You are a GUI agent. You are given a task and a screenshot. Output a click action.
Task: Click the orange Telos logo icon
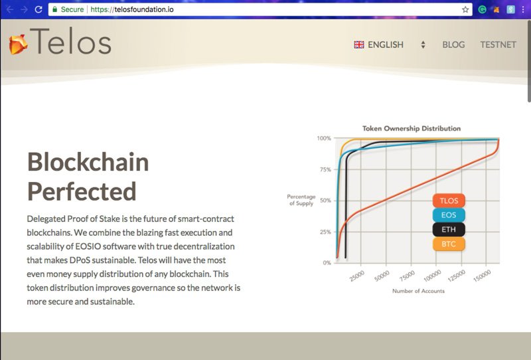point(18,44)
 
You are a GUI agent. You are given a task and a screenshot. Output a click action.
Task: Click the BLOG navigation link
point(453,45)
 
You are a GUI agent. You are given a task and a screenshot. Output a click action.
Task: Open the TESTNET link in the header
point(498,45)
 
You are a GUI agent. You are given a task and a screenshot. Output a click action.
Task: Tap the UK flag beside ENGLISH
point(359,45)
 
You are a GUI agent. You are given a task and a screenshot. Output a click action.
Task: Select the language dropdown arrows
point(423,45)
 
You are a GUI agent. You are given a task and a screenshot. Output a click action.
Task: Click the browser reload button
point(38,9)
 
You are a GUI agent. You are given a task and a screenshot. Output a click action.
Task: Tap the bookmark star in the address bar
point(466,9)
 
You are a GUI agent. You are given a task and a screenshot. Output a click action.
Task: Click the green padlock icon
point(55,9)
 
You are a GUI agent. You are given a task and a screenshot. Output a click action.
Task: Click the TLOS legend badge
point(449,201)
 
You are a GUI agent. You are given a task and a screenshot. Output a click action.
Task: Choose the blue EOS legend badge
point(449,215)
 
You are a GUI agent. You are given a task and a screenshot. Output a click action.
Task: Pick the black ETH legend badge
point(449,230)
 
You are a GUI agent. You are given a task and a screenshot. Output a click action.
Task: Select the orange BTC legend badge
point(449,244)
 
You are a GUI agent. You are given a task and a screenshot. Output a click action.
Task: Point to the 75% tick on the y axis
point(325,169)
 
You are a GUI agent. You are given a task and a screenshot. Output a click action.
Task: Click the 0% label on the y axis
point(327,263)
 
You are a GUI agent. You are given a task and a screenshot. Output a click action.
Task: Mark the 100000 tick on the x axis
point(433,276)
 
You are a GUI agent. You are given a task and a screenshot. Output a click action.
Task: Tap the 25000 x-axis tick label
point(357,276)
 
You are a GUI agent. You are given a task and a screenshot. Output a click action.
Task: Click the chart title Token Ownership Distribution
point(412,128)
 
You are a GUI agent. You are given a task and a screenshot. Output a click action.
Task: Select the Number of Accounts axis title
point(418,291)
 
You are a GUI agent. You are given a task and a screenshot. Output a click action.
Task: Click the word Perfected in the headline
point(82,191)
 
